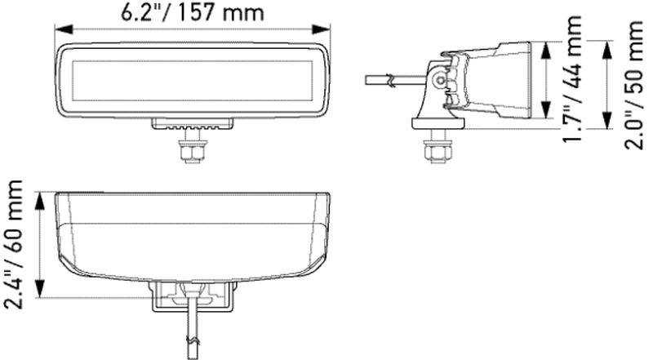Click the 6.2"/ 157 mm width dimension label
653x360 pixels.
click(193, 12)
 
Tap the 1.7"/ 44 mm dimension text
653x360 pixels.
click(572, 79)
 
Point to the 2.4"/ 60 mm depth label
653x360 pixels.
click(12, 245)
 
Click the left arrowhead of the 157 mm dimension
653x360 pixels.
click(64, 29)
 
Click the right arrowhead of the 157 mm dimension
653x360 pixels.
click(321, 29)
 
